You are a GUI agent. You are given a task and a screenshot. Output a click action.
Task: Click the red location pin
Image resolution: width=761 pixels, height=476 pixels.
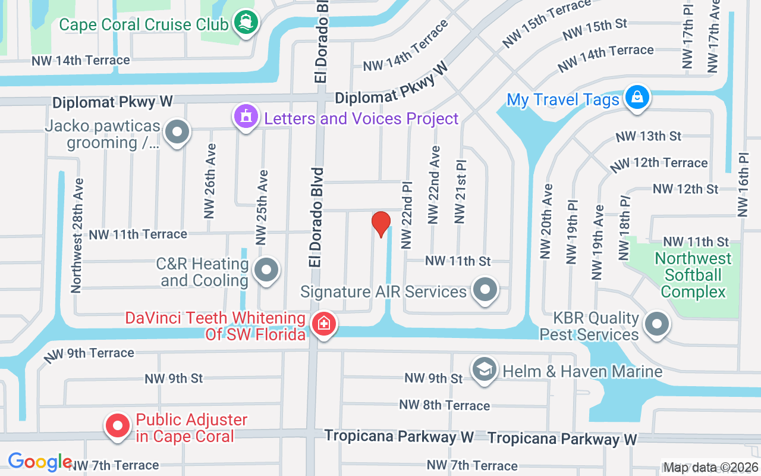pyautogui.click(x=380, y=224)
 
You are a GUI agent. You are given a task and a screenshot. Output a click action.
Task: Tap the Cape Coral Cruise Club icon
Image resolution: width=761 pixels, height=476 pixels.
pyautogui.click(x=246, y=23)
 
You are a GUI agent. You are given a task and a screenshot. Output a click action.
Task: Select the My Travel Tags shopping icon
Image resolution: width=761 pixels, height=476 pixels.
pyautogui.click(x=637, y=96)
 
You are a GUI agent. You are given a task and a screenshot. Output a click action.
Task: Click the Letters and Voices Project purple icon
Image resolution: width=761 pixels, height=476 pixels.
pyautogui.click(x=246, y=116)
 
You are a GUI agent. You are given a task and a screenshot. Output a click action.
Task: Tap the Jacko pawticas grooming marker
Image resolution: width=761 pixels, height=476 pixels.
pyautogui.click(x=177, y=132)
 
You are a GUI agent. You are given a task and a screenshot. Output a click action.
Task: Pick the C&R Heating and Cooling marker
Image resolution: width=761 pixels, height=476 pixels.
pyautogui.click(x=266, y=271)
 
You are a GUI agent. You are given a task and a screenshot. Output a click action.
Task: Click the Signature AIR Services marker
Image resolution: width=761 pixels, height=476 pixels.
pyautogui.click(x=485, y=290)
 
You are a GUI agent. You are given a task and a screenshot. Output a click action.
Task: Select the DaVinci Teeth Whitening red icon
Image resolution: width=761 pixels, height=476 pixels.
pyautogui.click(x=324, y=324)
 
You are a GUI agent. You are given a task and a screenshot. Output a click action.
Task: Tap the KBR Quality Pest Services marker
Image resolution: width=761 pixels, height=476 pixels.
pyautogui.click(x=656, y=325)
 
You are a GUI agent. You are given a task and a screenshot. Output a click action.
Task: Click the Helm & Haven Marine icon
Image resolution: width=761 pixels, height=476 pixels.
pyautogui.click(x=485, y=369)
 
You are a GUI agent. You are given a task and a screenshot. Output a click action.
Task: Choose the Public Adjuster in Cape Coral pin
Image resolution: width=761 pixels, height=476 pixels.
pyautogui.click(x=118, y=426)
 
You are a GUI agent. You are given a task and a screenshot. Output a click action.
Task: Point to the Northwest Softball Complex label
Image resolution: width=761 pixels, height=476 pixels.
pyautogui.click(x=693, y=275)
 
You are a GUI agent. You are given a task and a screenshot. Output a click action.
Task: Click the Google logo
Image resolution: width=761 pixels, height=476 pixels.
pyautogui.click(x=40, y=462)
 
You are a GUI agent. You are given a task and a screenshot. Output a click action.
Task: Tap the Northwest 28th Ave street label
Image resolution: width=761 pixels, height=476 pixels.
pyautogui.click(x=76, y=235)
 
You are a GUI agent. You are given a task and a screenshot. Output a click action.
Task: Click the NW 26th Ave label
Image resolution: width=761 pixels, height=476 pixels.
pyautogui.click(x=209, y=180)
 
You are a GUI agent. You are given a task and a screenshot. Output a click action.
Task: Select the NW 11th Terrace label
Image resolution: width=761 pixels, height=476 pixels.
pyautogui.click(x=138, y=234)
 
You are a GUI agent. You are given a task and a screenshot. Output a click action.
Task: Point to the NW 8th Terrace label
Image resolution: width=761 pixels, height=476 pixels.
pyautogui.click(x=445, y=405)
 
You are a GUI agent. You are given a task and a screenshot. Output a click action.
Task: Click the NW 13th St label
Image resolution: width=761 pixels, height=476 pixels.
pyautogui.click(x=648, y=136)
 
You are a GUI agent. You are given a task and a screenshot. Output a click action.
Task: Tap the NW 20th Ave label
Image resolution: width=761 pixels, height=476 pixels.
pyautogui.click(x=546, y=221)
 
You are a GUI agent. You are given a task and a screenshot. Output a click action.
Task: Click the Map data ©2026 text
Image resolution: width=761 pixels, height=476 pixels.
pyautogui.click(x=710, y=468)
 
